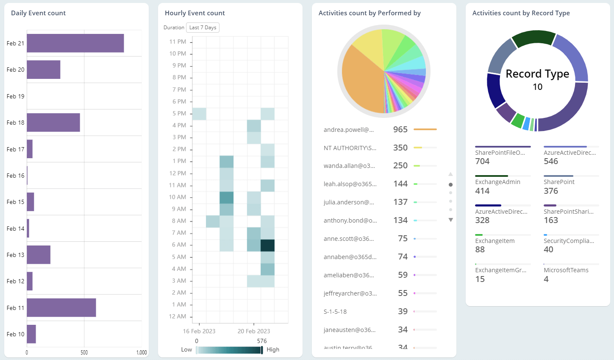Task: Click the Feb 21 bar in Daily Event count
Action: [75, 43]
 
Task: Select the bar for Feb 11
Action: [61, 307]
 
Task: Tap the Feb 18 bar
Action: [53, 123]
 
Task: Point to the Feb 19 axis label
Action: [15, 96]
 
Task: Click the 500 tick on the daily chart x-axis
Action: [84, 352]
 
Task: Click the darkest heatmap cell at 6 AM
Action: [267, 245]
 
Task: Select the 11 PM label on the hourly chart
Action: [178, 42]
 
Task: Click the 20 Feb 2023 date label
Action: [253, 331]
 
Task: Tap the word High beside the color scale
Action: [273, 349]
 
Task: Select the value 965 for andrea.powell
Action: [400, 129]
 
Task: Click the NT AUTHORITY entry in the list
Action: [350, 148]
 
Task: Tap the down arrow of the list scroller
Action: [450, 220]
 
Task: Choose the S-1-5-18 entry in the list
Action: [335, 312]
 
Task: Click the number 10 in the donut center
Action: [537, 87]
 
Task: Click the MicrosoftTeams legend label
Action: [566, 270]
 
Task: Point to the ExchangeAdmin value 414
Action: [482, 191]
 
